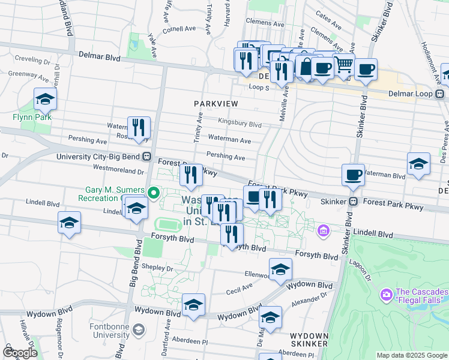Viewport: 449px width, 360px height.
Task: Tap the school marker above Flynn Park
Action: pos(45,100)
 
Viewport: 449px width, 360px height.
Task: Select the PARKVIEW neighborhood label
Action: pos(216,104)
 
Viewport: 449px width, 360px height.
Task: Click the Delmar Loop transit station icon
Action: pos(440,94)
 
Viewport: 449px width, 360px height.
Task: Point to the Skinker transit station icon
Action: pos(354,202)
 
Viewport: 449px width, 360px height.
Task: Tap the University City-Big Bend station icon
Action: pos(146,157)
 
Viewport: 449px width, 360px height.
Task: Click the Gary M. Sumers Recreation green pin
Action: pos(153,193)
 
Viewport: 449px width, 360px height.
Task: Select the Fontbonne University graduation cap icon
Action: pos(139,329)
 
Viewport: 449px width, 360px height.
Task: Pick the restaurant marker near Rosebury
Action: pos(139,128)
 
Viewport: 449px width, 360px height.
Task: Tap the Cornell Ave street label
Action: pos(179,28)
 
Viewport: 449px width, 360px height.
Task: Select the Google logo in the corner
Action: pos(20,353)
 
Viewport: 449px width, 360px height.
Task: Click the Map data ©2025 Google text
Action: pos(411,355)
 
